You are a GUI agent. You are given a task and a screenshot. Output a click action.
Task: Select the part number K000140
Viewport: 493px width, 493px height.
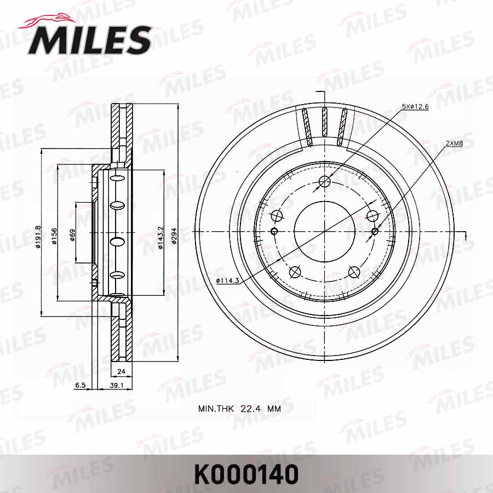pos(246,474)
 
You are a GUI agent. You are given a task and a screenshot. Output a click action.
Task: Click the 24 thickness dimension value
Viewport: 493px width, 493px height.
pos(122,371)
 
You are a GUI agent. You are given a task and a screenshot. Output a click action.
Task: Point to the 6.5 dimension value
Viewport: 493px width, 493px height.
pos(79,386)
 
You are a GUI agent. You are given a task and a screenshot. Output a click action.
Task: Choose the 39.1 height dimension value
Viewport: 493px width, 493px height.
pos(116,386)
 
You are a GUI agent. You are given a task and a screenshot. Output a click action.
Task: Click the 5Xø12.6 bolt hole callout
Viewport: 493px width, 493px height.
pos(415,106)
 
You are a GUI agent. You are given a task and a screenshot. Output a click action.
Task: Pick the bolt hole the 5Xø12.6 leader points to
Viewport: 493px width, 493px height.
pos(325,181)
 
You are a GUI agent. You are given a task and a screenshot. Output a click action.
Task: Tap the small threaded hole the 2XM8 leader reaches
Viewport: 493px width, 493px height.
pos(375,231)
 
